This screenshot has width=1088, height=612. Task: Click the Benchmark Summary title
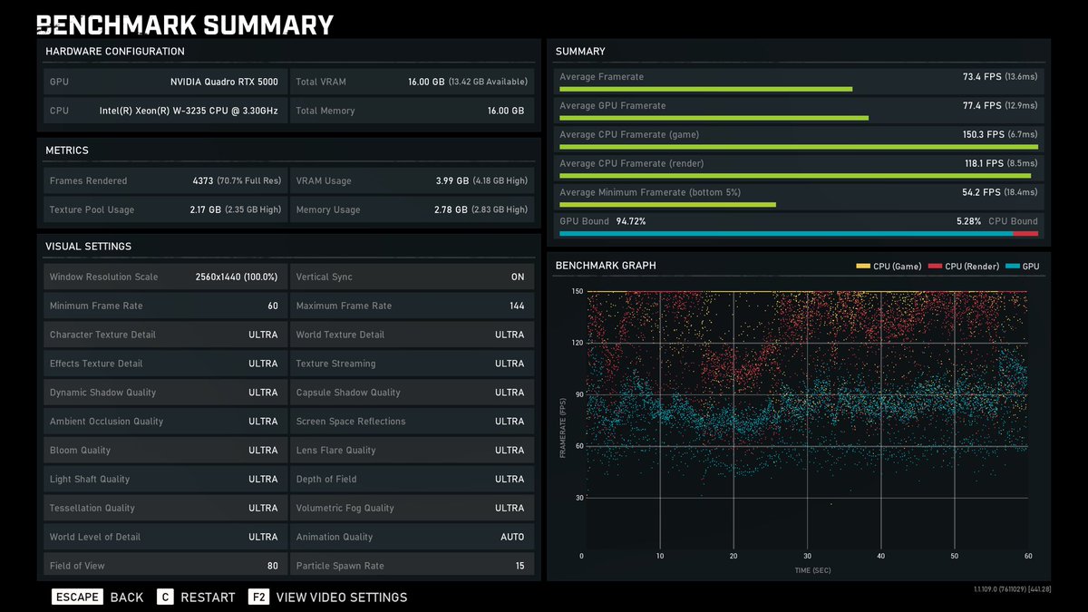point(185,24)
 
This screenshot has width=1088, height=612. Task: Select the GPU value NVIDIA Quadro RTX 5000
point(224,82)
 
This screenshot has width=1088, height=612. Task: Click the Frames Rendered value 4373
point(203,180)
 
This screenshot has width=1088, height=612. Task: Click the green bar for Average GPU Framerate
point(714,118)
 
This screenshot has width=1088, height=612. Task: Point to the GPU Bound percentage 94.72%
point(631,221)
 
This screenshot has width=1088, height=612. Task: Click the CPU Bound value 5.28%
point(968,221)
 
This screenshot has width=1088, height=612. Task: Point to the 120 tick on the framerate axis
point(577,343)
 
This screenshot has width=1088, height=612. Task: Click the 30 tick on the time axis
point(807,556)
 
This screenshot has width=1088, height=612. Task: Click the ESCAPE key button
point(76,597)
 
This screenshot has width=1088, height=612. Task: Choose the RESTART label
point(208,597)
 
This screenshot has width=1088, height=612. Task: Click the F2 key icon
point(258,597)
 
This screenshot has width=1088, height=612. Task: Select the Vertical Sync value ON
point(517,277)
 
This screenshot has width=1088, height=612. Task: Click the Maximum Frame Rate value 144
point(517,306)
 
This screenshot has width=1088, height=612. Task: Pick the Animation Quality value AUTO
point(512,537)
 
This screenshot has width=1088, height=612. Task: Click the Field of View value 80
point(272,566)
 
